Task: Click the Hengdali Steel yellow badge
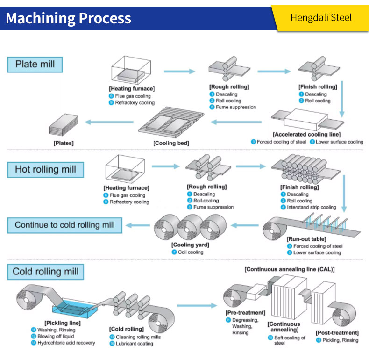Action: [321, 18]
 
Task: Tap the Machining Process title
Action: [68, 18]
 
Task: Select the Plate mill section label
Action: [35, 64]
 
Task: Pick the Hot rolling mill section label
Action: [45, 169]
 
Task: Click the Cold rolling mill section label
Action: [45, 272]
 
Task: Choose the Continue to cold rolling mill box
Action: [64, 225]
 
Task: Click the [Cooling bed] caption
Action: [171, 143]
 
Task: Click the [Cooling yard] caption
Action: [190, 245]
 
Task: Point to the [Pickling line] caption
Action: [62, 323]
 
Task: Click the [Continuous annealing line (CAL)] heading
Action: [289, 270]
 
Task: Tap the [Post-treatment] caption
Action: [337, 333]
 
